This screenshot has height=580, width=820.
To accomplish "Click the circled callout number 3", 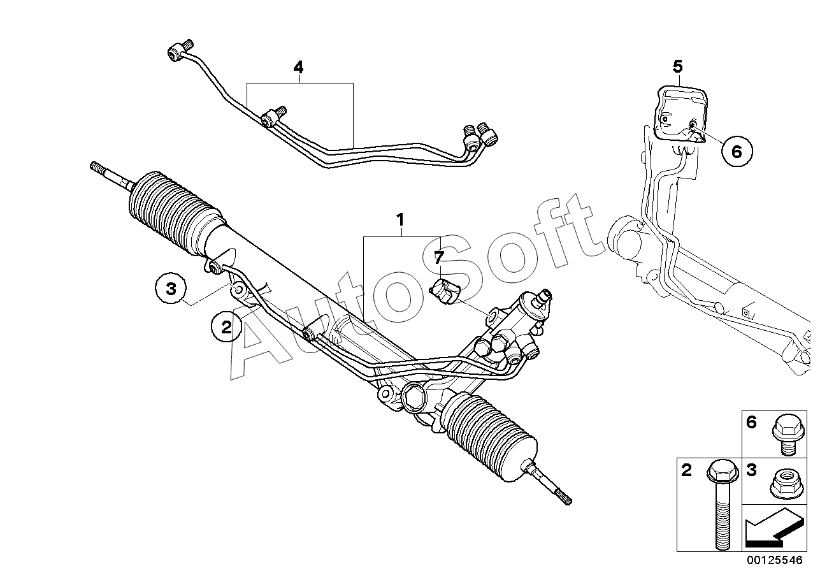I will pyautogui.click(x=171, y=289).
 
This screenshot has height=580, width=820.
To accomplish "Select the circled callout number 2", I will pyautogui.click(x=226, y=327).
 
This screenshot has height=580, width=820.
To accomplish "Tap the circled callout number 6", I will pyautogui.click(x=737, y=151).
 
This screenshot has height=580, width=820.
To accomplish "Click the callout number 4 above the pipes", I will pyautogui.click(x=299, y=67).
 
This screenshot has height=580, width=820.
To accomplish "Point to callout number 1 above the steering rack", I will pyautogui.click(x=400, y=221).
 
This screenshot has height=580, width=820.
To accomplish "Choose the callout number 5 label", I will pyautogui.click(x=677, y=66).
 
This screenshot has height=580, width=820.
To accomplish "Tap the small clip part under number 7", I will pyautogui.click(x=446, y=292).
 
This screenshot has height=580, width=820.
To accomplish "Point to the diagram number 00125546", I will pyautogui.click(x=775, y=560).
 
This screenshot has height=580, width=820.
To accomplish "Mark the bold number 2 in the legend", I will pyautogui.click(x=686, y=471).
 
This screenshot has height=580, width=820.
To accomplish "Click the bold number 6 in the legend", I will pyautogui.click(x=751, y=422).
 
